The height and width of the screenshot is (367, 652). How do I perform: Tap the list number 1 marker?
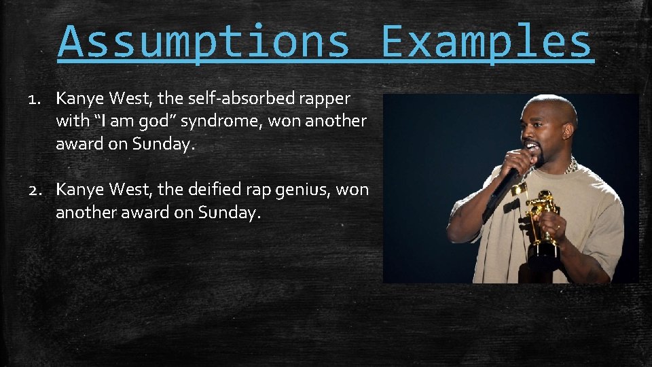(x=36, y=99)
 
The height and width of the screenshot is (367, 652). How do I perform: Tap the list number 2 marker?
(x=37, y=190)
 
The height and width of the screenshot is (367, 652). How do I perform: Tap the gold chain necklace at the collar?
(x=571, y=164)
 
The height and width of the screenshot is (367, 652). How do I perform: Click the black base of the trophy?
(x=544, y=253)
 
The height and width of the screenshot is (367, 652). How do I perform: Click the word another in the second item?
(x=85, y=212)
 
